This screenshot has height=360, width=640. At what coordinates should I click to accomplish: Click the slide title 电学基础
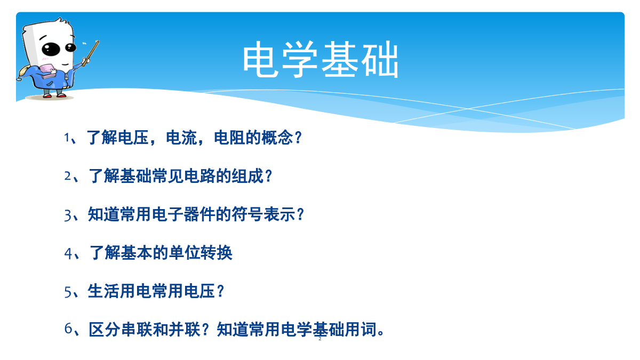pyautogui.click(x=321, y=59)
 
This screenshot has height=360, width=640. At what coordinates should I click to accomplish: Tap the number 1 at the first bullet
pyautogui.click(x=67, y=138)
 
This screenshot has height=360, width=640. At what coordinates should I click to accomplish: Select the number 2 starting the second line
pyautogui.click(x=67, y=176)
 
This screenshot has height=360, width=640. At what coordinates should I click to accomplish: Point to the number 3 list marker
pyautogui.click(x=67, y=215)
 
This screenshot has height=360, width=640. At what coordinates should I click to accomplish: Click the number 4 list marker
pyautogui.click(x=68, y=253)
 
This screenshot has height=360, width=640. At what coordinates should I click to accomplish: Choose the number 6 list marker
pyautogui.click(x=68, y=329)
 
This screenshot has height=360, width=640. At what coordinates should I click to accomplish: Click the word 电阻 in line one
pyautogui.click(x=229, y=138)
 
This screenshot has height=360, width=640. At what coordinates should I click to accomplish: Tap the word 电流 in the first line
pyautogui.click(x=181, y=138)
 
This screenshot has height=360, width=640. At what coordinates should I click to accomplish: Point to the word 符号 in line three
pyautogui.click(x=247, y=214)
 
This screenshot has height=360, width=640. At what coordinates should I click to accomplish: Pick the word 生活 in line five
pyautogui.click(x=103, y=291)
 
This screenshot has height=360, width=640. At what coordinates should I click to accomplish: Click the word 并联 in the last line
pyautogui.click(x=185, y=330)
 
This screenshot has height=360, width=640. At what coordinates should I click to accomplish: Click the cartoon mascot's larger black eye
pyautogui.click(x=51, y=49)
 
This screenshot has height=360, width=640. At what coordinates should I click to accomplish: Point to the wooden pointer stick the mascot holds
pyautogui.click(x=91, y=54)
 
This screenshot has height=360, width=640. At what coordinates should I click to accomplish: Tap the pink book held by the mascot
pyautogui.click(x=48, y=71)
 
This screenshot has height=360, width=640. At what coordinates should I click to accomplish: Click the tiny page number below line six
pyautogui.click(x=320, y=339)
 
